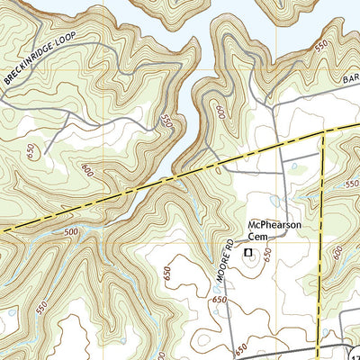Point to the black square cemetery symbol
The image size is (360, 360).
click(x=247, y=255)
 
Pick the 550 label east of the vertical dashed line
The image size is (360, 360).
click(x=351, y=183)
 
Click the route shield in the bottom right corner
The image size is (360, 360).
click(x=354, y=354)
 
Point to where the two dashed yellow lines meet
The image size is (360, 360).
click(x=322, y=133)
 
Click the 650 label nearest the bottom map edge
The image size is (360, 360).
click(x=241, y=346)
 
